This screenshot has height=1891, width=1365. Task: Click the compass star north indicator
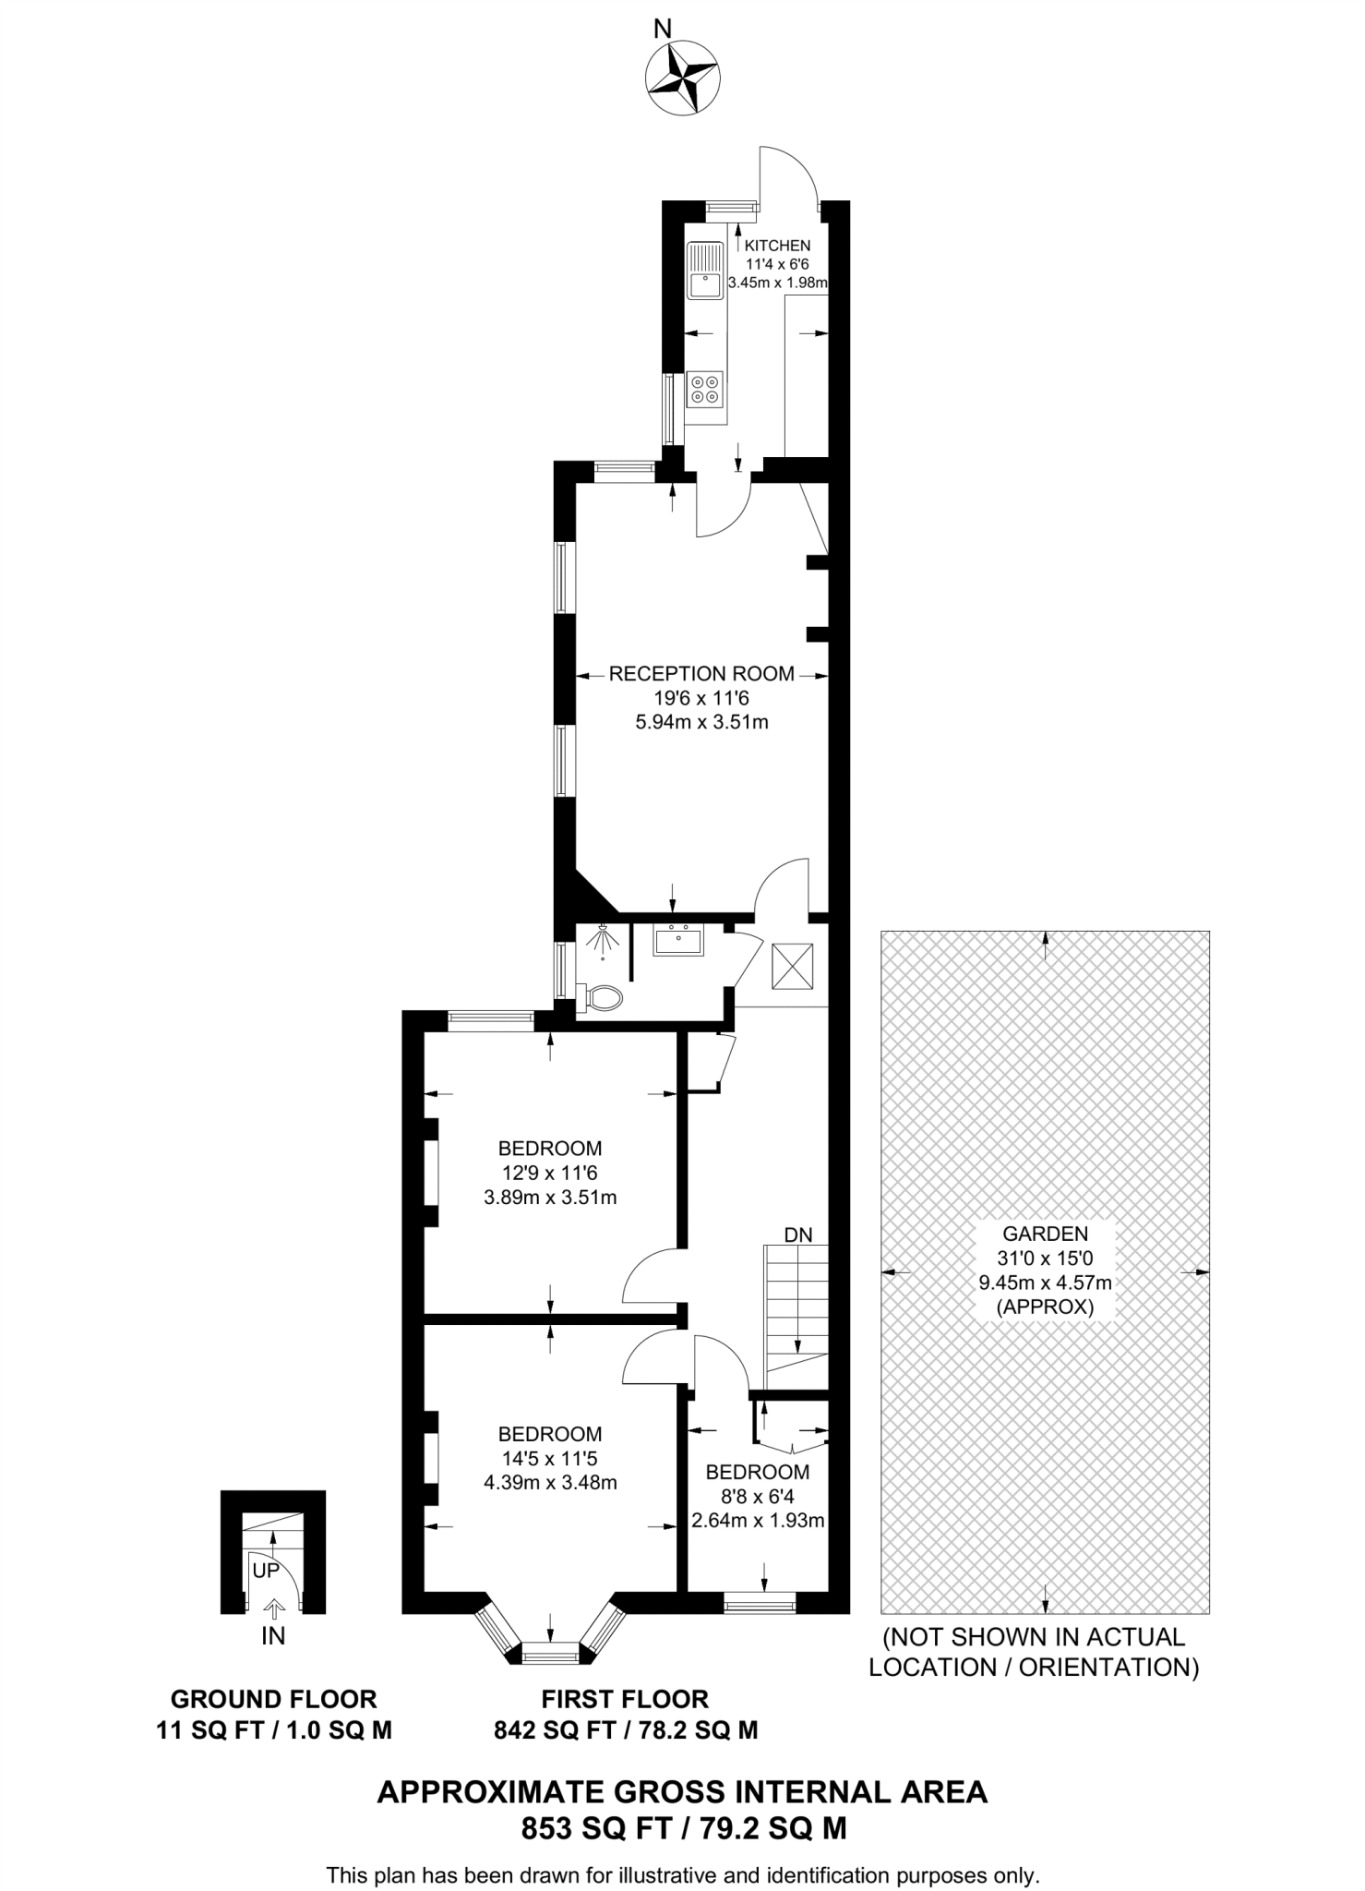684,80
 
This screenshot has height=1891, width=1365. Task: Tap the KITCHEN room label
777,246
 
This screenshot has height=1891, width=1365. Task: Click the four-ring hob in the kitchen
706,388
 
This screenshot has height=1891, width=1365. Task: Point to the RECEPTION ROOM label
701,674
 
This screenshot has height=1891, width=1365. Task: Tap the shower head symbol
603,939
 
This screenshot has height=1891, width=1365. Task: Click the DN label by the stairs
798,1235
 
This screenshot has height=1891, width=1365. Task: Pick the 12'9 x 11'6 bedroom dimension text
550,1174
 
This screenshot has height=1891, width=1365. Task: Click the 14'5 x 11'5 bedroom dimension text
550,1459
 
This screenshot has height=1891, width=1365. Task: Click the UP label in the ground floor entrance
266,1572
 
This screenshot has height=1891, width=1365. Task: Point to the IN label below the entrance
273,1637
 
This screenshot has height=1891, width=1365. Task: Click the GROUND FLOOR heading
274,1699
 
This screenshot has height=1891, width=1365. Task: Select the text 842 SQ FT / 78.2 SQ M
626,1729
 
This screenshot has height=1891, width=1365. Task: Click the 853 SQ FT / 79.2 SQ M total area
683,1827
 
